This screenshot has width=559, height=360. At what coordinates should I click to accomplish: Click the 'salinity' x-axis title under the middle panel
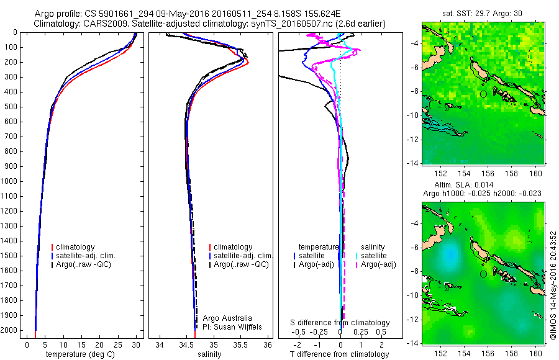(x=210, y=354)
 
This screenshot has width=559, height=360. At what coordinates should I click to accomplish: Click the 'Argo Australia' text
(x=227, y=318)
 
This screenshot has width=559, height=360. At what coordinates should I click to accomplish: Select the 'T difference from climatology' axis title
(x=339, y=354)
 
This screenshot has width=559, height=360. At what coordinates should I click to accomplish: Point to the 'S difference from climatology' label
(x=340, y=323)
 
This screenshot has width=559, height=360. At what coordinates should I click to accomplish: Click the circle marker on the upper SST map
(x=483, y=94)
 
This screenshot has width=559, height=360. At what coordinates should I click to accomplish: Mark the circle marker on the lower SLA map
(x=483, y=274)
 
